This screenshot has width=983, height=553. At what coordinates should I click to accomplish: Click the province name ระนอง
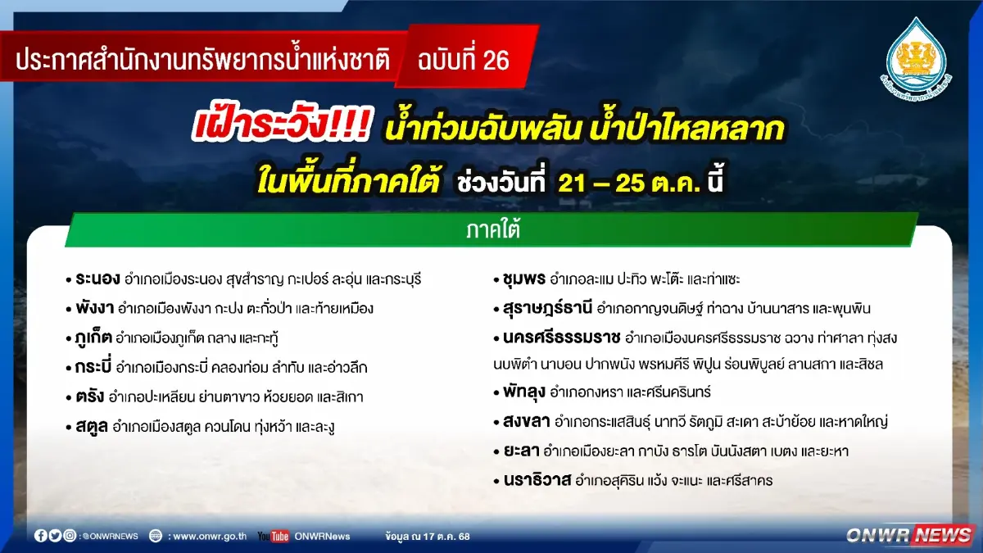tap(97, 279)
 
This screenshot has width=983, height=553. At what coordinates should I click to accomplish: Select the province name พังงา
tap(95, 308)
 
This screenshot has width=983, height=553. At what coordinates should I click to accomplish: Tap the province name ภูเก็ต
tap(93, 338)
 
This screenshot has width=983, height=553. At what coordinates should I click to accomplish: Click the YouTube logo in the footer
tap(273, 536)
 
